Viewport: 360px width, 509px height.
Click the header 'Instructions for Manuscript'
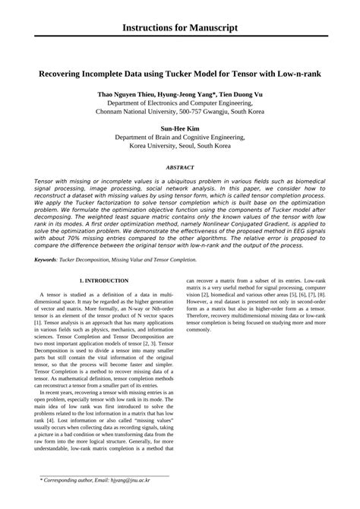180,28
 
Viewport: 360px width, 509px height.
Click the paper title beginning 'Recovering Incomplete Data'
180,77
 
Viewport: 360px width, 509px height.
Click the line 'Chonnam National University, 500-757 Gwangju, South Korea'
180,111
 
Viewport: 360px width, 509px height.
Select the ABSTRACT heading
180,166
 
